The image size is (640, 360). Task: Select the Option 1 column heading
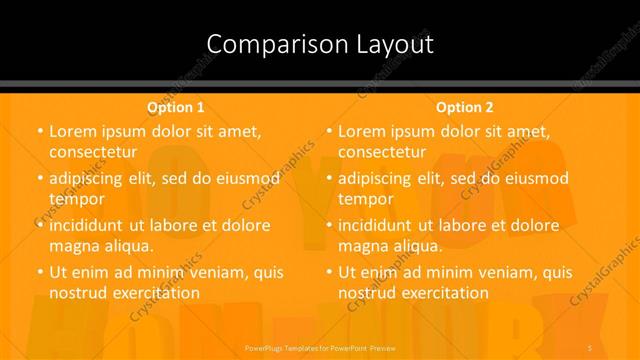click(175, 106)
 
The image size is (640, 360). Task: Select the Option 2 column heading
click(464, 106)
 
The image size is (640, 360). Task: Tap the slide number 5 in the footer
click(591, 347)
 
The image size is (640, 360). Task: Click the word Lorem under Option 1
click(72, 131)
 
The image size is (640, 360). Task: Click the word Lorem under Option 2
click(361, 131)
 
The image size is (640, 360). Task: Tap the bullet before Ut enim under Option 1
click(39, 272)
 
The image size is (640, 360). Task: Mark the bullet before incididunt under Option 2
click(328, 226)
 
